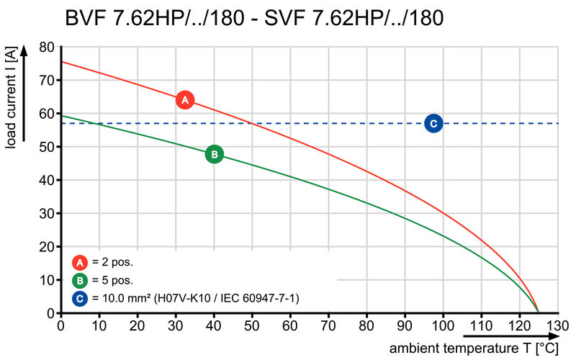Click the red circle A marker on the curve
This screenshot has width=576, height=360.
click(185, 100)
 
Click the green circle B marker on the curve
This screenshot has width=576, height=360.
click(214, 154)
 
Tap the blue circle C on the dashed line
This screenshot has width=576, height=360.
click(433, 124)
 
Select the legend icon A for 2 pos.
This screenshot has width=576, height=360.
click(80, 262)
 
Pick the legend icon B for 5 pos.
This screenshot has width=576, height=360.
click(80, 280)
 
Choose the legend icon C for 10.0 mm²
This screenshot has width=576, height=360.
click(80, 298)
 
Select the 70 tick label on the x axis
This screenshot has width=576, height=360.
click(328, 325)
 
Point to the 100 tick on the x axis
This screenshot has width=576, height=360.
click(443, 325)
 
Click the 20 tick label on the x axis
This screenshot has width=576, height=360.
click(138, 325)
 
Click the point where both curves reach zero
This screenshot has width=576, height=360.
click(538, 312)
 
